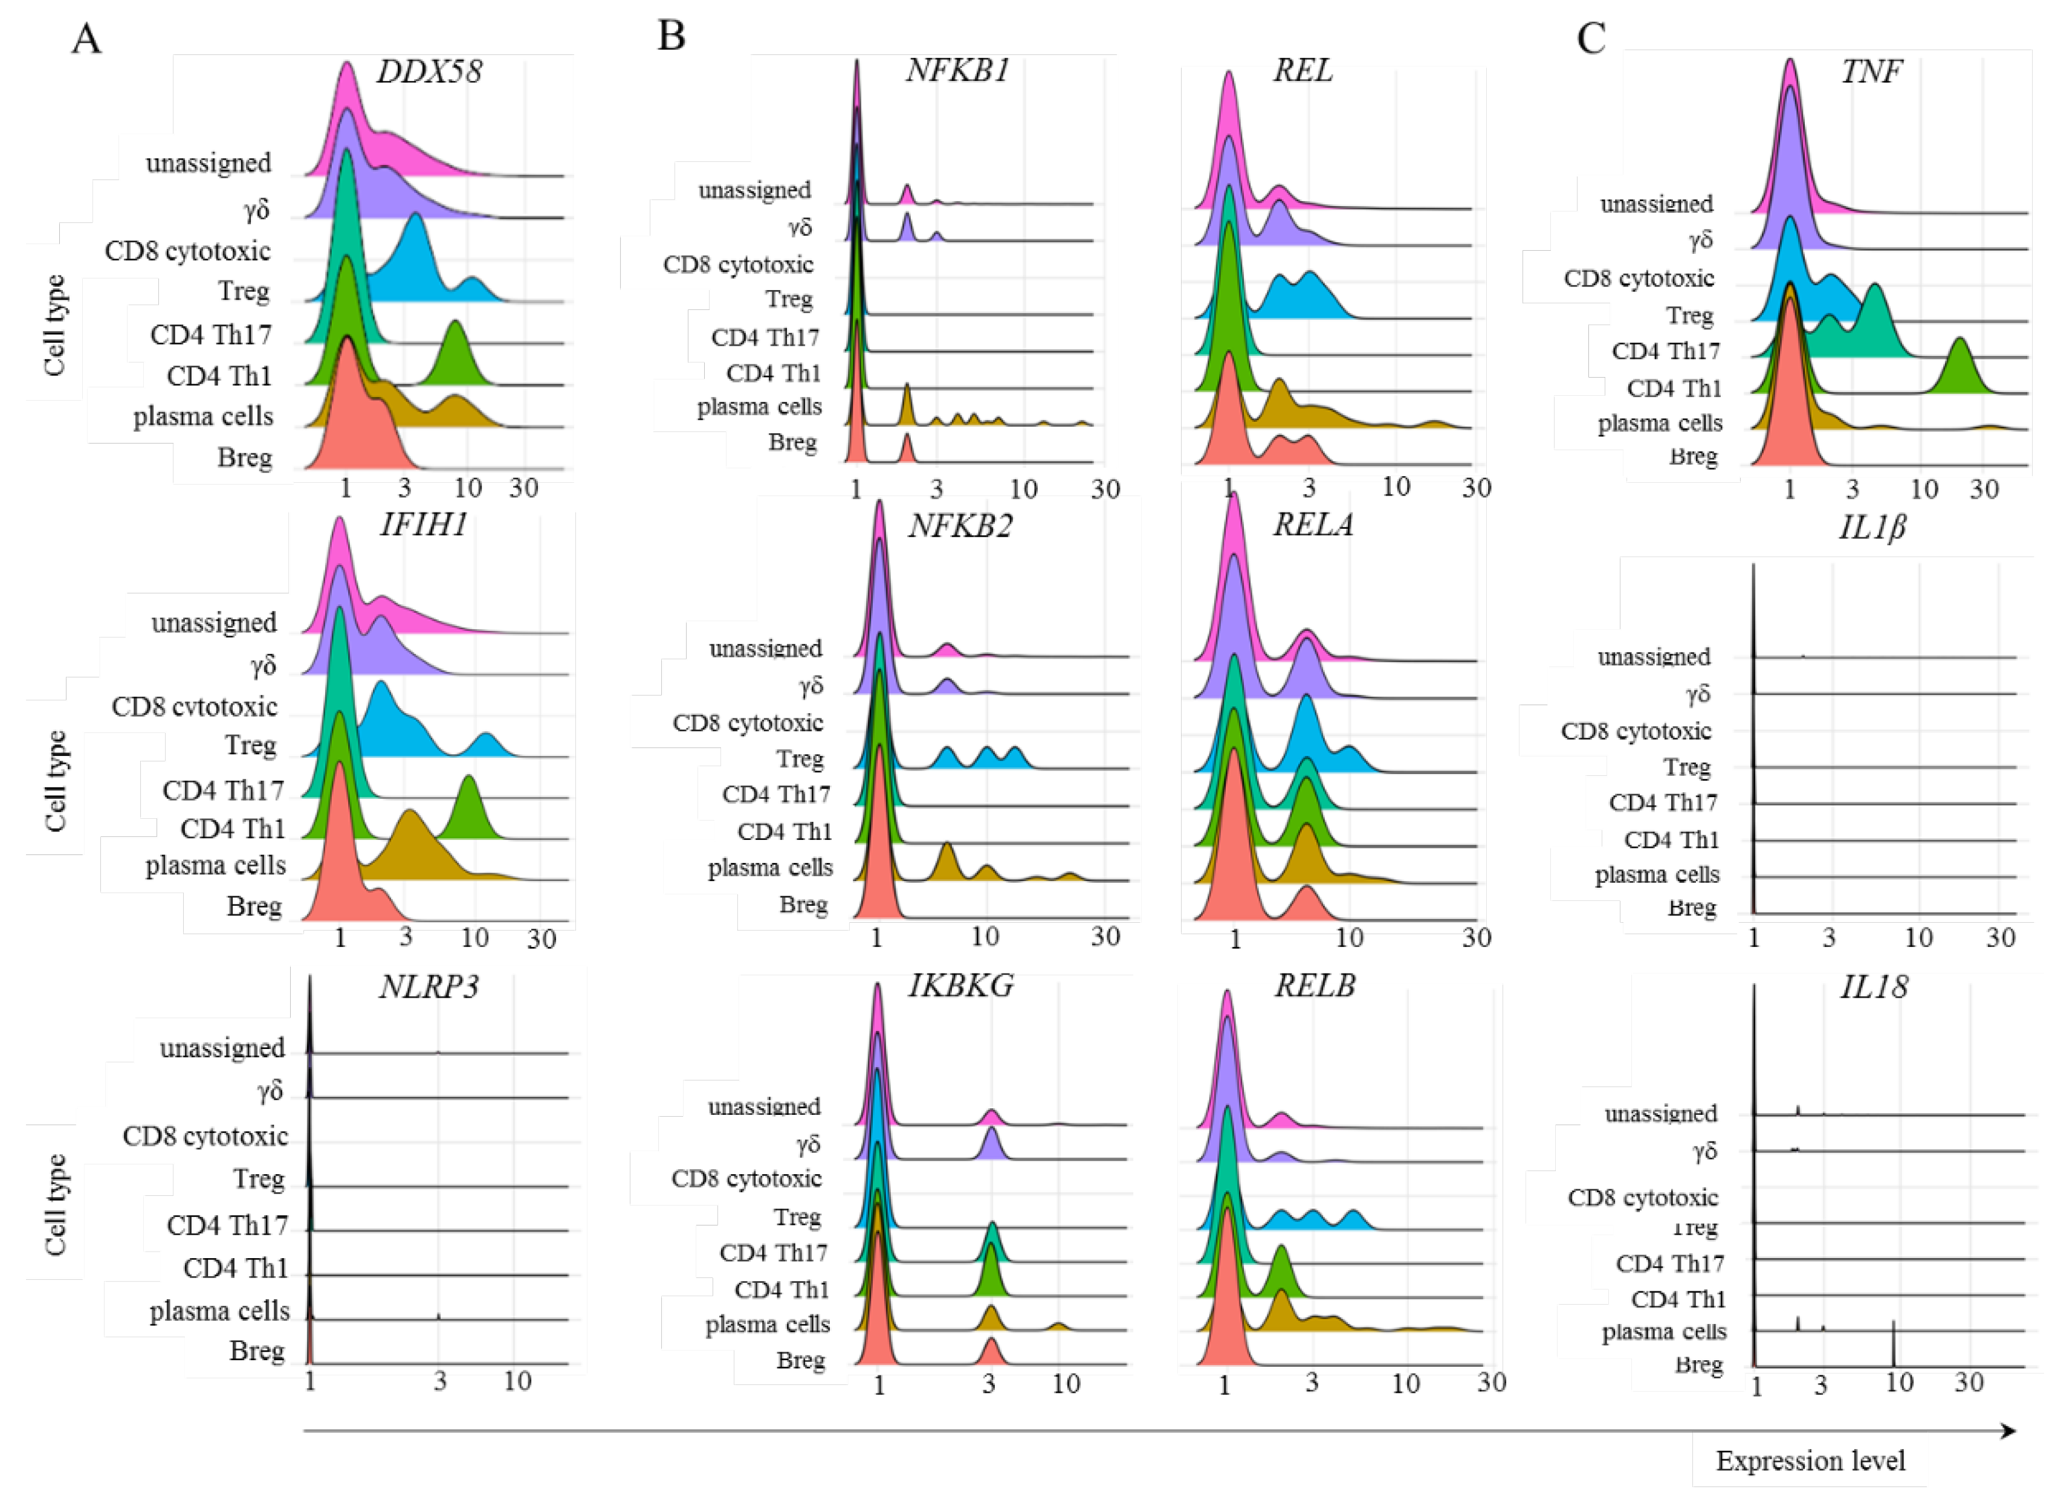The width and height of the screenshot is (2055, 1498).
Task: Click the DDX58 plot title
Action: tap(429, 72)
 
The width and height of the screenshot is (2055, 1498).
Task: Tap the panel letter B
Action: tap(671, 36)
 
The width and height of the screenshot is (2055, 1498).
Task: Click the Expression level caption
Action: tap(1809, 1461)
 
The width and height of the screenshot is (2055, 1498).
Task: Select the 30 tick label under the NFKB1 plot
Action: tap(1105, 489)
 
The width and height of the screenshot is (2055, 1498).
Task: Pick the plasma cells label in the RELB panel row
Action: tap(767, 1325)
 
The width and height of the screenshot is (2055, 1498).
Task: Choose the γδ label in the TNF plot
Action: tap(1700, 241)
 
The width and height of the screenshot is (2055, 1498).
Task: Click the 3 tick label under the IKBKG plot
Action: tap(988, 1383)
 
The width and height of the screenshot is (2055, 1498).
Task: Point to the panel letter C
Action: tap(1591, 38)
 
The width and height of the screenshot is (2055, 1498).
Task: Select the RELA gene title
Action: tap(1312, 525)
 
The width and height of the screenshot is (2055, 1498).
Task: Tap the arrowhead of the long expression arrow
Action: tap(2008, 1431)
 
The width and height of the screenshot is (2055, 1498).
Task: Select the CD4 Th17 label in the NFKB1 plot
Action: tap(765, 337)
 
